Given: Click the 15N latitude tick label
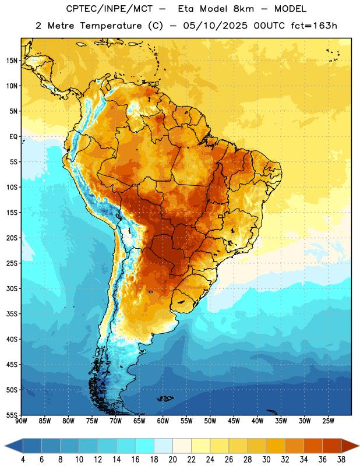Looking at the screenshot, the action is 12,61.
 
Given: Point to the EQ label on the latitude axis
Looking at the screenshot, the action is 13,137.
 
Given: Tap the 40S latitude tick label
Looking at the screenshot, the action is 12,339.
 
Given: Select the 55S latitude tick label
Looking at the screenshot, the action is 12,415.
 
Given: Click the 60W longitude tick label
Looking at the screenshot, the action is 163,421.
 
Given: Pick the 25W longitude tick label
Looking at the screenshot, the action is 328,421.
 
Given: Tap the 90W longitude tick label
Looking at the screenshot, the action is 21,421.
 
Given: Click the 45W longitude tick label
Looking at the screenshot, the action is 234,421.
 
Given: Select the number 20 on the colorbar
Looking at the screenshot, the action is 172,460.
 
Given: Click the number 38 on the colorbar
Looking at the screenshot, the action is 341,460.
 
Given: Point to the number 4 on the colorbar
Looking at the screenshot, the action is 23,460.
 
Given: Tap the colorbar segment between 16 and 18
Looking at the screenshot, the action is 145,446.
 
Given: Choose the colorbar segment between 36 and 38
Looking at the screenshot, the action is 332,446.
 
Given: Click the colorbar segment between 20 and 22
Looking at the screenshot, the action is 182,446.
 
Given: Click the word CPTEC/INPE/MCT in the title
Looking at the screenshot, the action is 110,9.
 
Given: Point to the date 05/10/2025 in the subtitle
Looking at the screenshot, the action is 215,26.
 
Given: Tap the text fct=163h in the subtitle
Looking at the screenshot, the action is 314,26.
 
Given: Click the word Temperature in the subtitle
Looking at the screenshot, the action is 111,26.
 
